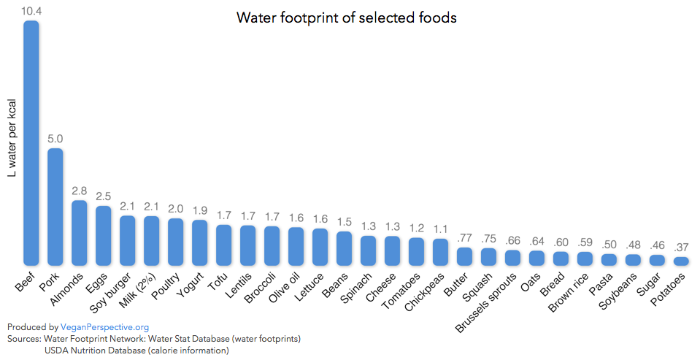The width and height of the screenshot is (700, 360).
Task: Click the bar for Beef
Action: [x=31, y=142]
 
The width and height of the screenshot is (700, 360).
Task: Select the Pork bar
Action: [x=55, y=207]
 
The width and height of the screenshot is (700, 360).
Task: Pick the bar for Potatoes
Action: [x=681, y=261]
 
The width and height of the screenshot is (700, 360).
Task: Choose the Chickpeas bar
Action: [x=440, y=251]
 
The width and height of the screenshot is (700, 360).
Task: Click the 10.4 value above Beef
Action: [x=31, y=11]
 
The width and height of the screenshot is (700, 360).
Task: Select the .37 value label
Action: [x=681, y=246]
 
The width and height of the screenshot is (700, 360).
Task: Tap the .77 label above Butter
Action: [x=464, y=237]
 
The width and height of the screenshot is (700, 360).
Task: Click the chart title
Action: [x=347, y=18]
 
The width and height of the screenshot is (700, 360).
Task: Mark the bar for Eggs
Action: [x=104, y=235]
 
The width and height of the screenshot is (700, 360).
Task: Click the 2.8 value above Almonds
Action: [x=80, y=191]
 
